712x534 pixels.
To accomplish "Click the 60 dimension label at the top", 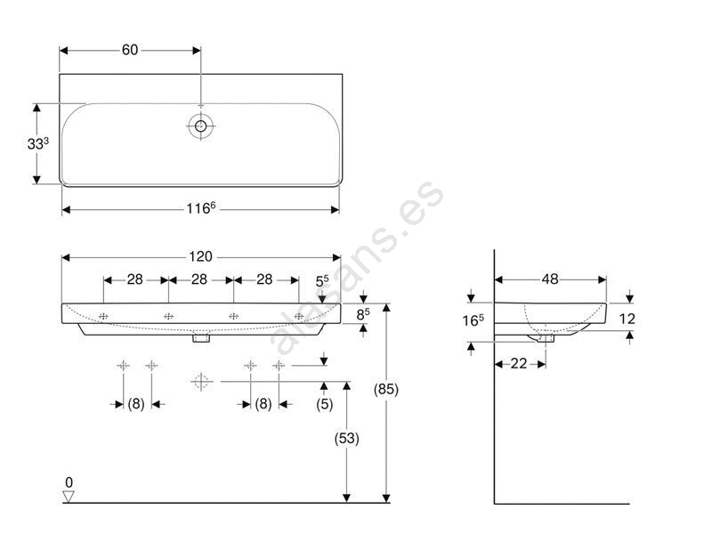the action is (x=130, y=50).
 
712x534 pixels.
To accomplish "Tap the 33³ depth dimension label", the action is (x=38, y=143).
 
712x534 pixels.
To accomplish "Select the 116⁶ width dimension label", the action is (x=201, y=208).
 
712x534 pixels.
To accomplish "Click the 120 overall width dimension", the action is (x=201, y=256).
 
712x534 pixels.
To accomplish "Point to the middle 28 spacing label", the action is (x=199, y=279).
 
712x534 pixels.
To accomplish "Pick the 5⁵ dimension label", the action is (x=322, y=281).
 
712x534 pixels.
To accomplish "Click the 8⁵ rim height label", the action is (x=363, y=314).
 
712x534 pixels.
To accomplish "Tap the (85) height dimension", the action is (x=386, y=389).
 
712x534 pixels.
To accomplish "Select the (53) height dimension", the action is (x=346, y=438).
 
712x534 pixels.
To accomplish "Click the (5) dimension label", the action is (x=324, y=404).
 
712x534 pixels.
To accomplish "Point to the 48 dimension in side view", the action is (x=550, y=279).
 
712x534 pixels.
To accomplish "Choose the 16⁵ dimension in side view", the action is (x=473, y=320).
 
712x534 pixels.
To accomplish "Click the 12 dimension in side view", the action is (x=627, y=319).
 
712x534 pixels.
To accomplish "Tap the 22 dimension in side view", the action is (x=519, y=363).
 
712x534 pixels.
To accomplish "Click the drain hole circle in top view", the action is (x=201, y=125).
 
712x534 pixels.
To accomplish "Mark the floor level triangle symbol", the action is (x=69, y=497).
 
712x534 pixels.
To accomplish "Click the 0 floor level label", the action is (x=69, y=481).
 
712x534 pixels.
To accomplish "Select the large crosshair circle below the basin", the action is (x=201, y=382).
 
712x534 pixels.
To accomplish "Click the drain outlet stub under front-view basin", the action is (x=201, y=338).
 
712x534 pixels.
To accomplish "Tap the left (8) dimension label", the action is (x=136, y=404).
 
